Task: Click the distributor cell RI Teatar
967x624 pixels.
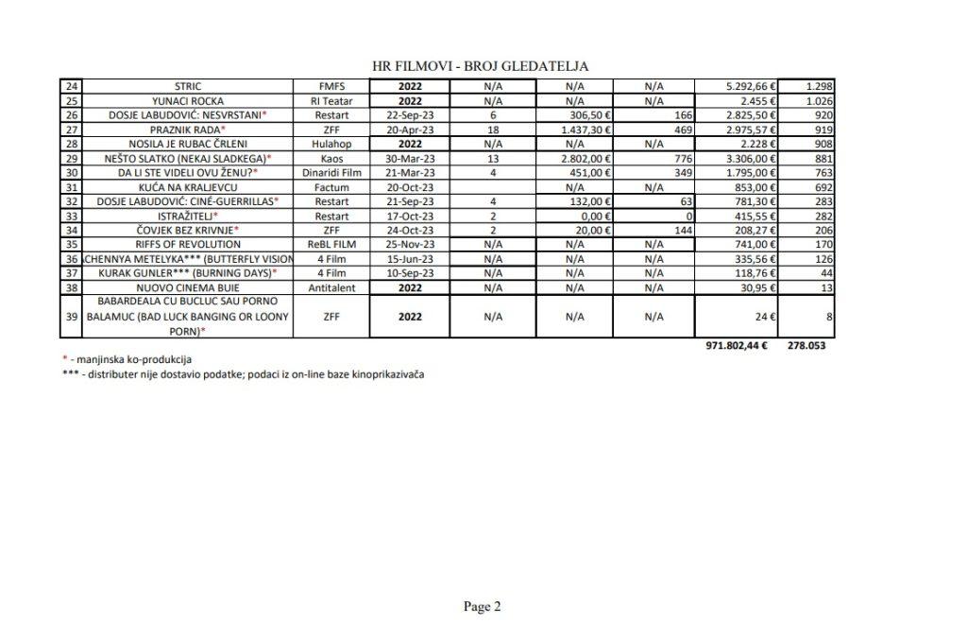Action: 332,100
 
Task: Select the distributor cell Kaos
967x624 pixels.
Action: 332,157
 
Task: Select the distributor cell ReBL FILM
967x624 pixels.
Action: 332,243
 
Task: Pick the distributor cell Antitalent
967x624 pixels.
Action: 332,286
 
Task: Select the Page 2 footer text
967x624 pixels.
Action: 483,606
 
